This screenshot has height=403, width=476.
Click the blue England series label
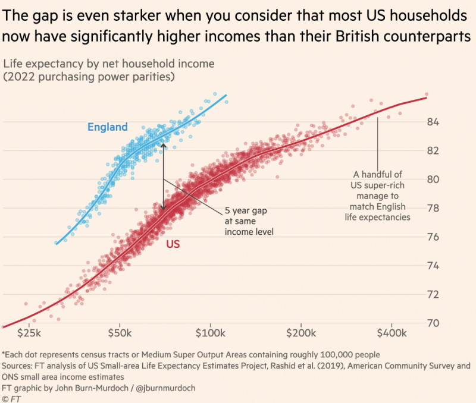(x=107, y=127)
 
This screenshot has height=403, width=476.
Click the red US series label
(x=173, y=244)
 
